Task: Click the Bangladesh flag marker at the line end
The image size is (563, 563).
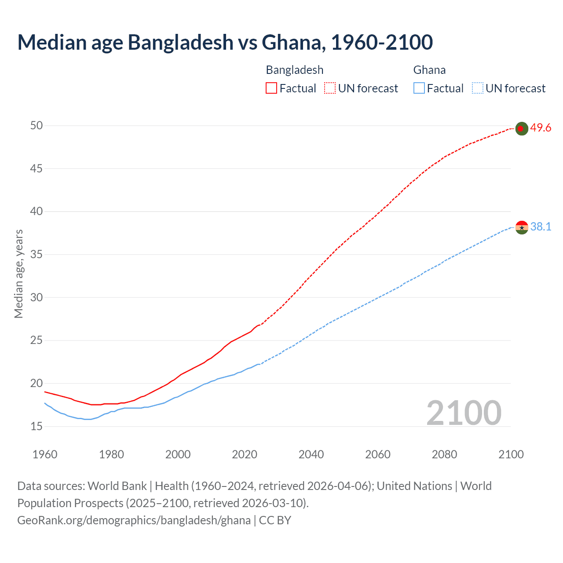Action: pyautogui.click(x=521, y=128)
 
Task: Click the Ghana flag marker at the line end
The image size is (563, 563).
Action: pyautogui.click(x=521, y=227)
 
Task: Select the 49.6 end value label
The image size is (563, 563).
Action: pyautogui.click(x=541, y=128)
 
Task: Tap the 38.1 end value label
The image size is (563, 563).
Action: pyautogui.click(x=541, y=227)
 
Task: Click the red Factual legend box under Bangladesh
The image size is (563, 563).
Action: pyautogui.click(x=271, y=88)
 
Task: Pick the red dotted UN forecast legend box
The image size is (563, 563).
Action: pyautogui.click(x=330, y=88)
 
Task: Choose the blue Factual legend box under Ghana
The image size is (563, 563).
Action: pyautogui.click(x=419, y=88)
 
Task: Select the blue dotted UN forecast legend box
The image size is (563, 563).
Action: pyautogui.click(x=477, y=88)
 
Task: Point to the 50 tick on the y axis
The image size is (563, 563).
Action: pyautogui.click(x=37, y=126)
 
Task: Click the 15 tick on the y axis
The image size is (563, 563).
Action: pyautogui.click(x=37, y=426)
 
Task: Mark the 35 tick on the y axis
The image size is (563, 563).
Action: pyautogui.click(x=37, y=255)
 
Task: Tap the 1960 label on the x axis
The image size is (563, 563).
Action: pyautogui.click(x=45, y=454)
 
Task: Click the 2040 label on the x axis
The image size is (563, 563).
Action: pyautogui.click(x=311, y=454)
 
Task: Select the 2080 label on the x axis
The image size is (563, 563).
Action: pyautogui.click(x=444, y=454)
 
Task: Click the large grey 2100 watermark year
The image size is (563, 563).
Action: pyautogui.click(x=464, y=413)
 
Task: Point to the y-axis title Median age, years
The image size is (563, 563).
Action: pyautogui.click(x=18, y=274)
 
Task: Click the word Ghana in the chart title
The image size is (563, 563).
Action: pyautogui.click(x=293, y=42)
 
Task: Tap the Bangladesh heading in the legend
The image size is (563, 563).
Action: pyautogui.click(x=294, y=70)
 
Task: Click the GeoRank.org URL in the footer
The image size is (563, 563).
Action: pyautogui.click(x=134, y=520)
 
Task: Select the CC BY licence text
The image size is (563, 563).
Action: pyautogui.click(x=275, y=520)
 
